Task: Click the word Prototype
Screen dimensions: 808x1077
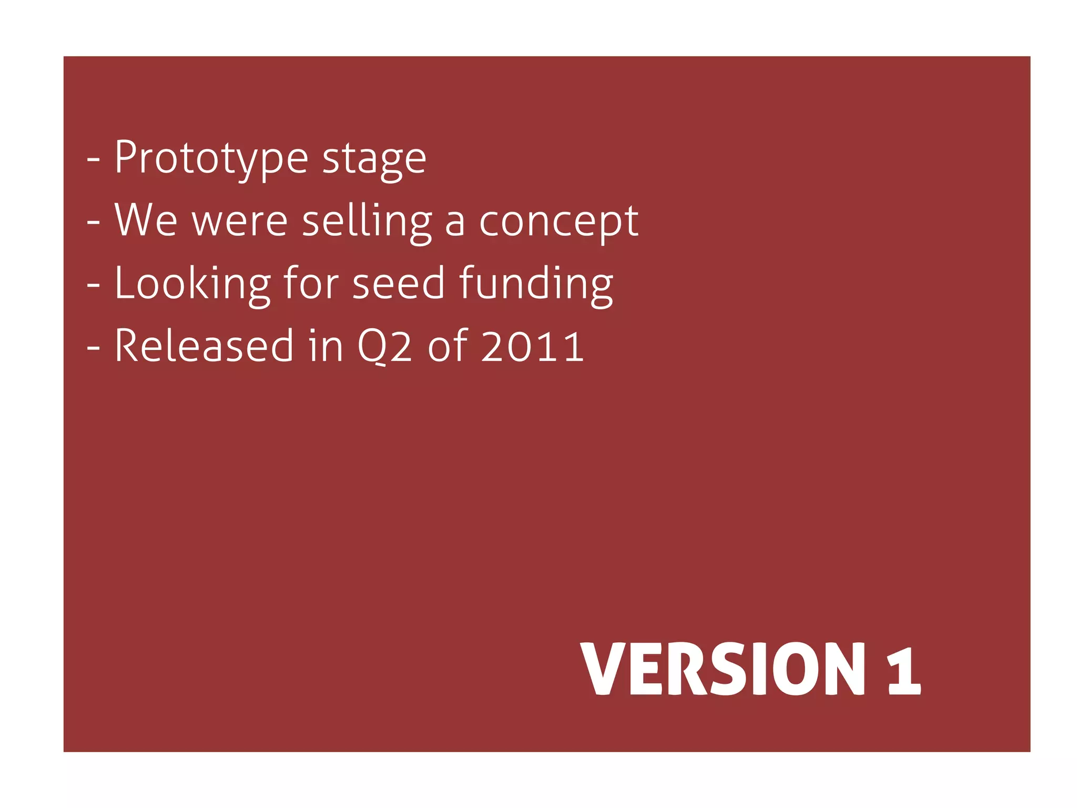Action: (x=211, y=158)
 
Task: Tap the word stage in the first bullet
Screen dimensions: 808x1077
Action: (x=374, y=159)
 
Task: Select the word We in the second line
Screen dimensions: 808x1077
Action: (x=146, y=220)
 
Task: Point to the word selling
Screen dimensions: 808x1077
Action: (x=367, y=221)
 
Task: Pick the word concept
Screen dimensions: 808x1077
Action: (x=558, y=222)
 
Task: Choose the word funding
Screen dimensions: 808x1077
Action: (x=536, y=284)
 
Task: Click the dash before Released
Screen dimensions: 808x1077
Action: (x=93, y=348)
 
